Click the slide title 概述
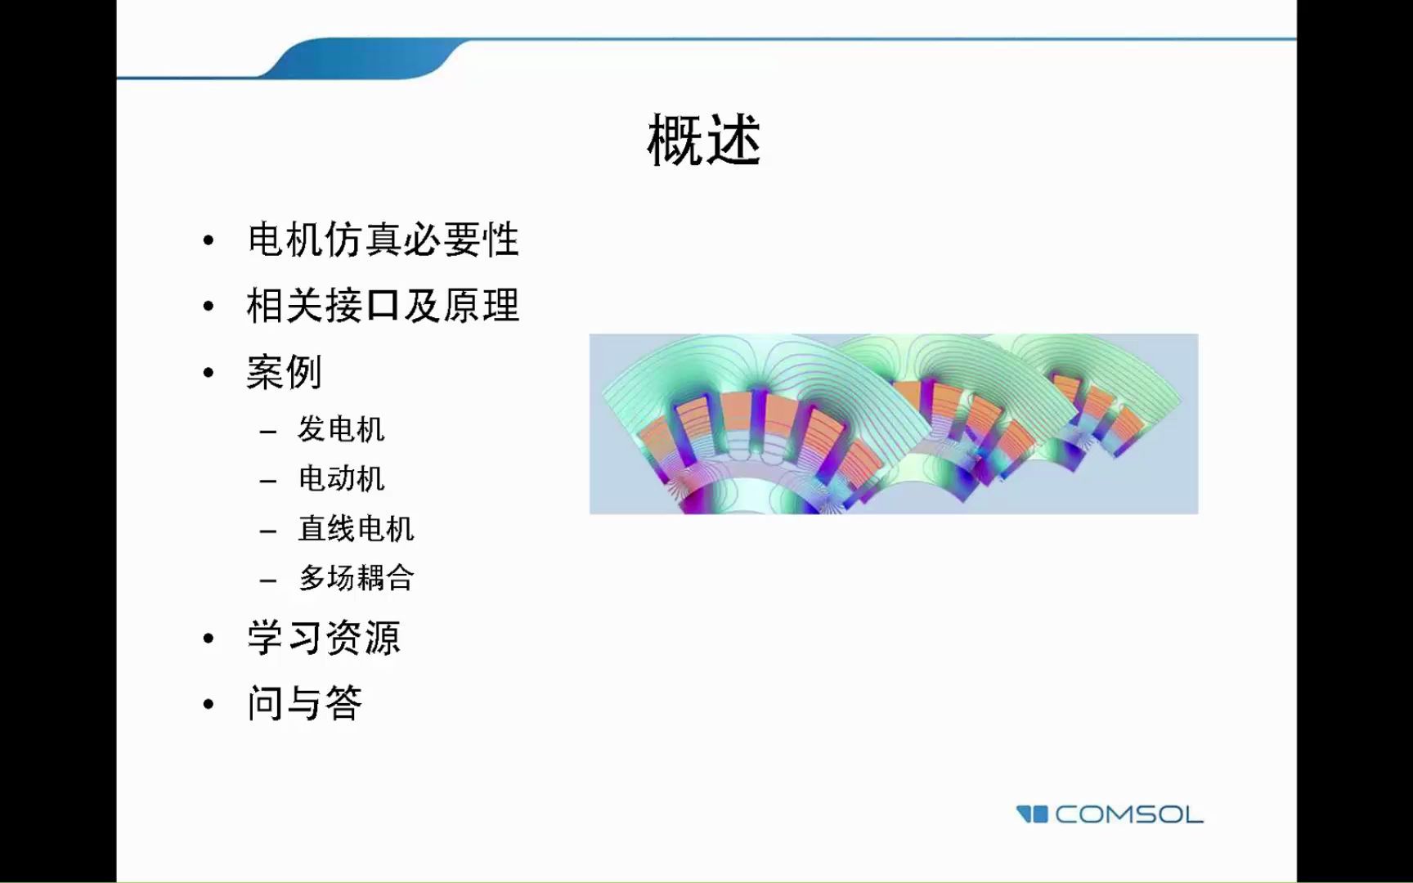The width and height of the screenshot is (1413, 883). point(704,141)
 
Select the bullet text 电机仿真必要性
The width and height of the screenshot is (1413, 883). point(383,240)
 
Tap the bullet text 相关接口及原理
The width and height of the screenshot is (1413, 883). point(383,307)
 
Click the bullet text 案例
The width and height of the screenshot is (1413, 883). point(284,373)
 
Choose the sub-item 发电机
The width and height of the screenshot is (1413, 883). point(341,429)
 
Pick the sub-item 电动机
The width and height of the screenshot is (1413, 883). point(341,479)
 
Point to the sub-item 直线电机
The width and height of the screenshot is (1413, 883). point(356,529)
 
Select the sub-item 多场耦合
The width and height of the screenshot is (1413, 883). point(356,578)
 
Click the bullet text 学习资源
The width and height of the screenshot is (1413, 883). point(324,638)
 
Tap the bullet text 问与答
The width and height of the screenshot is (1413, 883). point(304,703)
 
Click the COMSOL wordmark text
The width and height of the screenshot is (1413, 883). point(1128,814)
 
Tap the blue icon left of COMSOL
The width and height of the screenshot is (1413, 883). point(1032,814)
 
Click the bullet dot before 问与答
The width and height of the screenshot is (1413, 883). point(209,704)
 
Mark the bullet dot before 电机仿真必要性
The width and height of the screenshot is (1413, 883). point(209,241)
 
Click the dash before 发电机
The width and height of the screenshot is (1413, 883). point(268,432)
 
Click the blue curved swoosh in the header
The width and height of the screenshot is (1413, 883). point(360,59)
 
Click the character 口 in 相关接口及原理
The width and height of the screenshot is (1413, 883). point(383,307)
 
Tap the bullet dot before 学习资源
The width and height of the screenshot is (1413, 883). point(209,639)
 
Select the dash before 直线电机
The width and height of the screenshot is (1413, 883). point(268,531)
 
